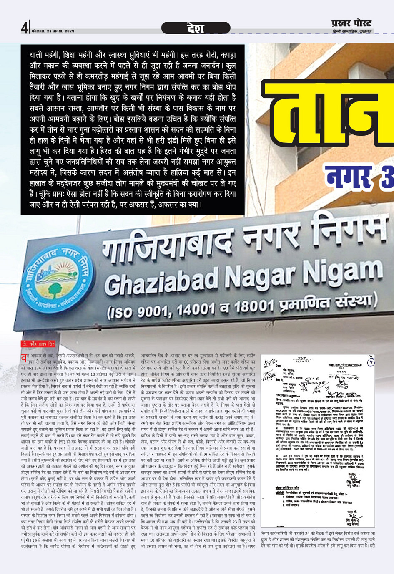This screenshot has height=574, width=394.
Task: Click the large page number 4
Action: [x=25, y=28]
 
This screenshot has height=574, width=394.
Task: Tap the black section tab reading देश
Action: [x=196, y=28]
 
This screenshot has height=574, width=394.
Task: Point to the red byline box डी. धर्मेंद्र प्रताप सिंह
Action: [x=38, y=344]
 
